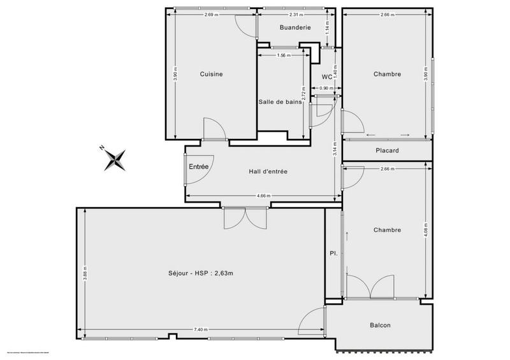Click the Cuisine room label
(x=211, y=75)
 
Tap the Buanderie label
(x=295, y=27)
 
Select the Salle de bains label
(x=280, y=102)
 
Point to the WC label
(x=327, y=75)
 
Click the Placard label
(x=388, y=151)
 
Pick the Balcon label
(x=380, y=326)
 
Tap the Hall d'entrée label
(x=268, y=171)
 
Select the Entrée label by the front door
(x=198, y=167)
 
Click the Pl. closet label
(x=333, y=253)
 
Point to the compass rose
(x=115, y=158)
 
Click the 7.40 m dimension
(x=201, y=329)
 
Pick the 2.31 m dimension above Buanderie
(x=295, y=15)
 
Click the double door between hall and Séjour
(x=245, y=218)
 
